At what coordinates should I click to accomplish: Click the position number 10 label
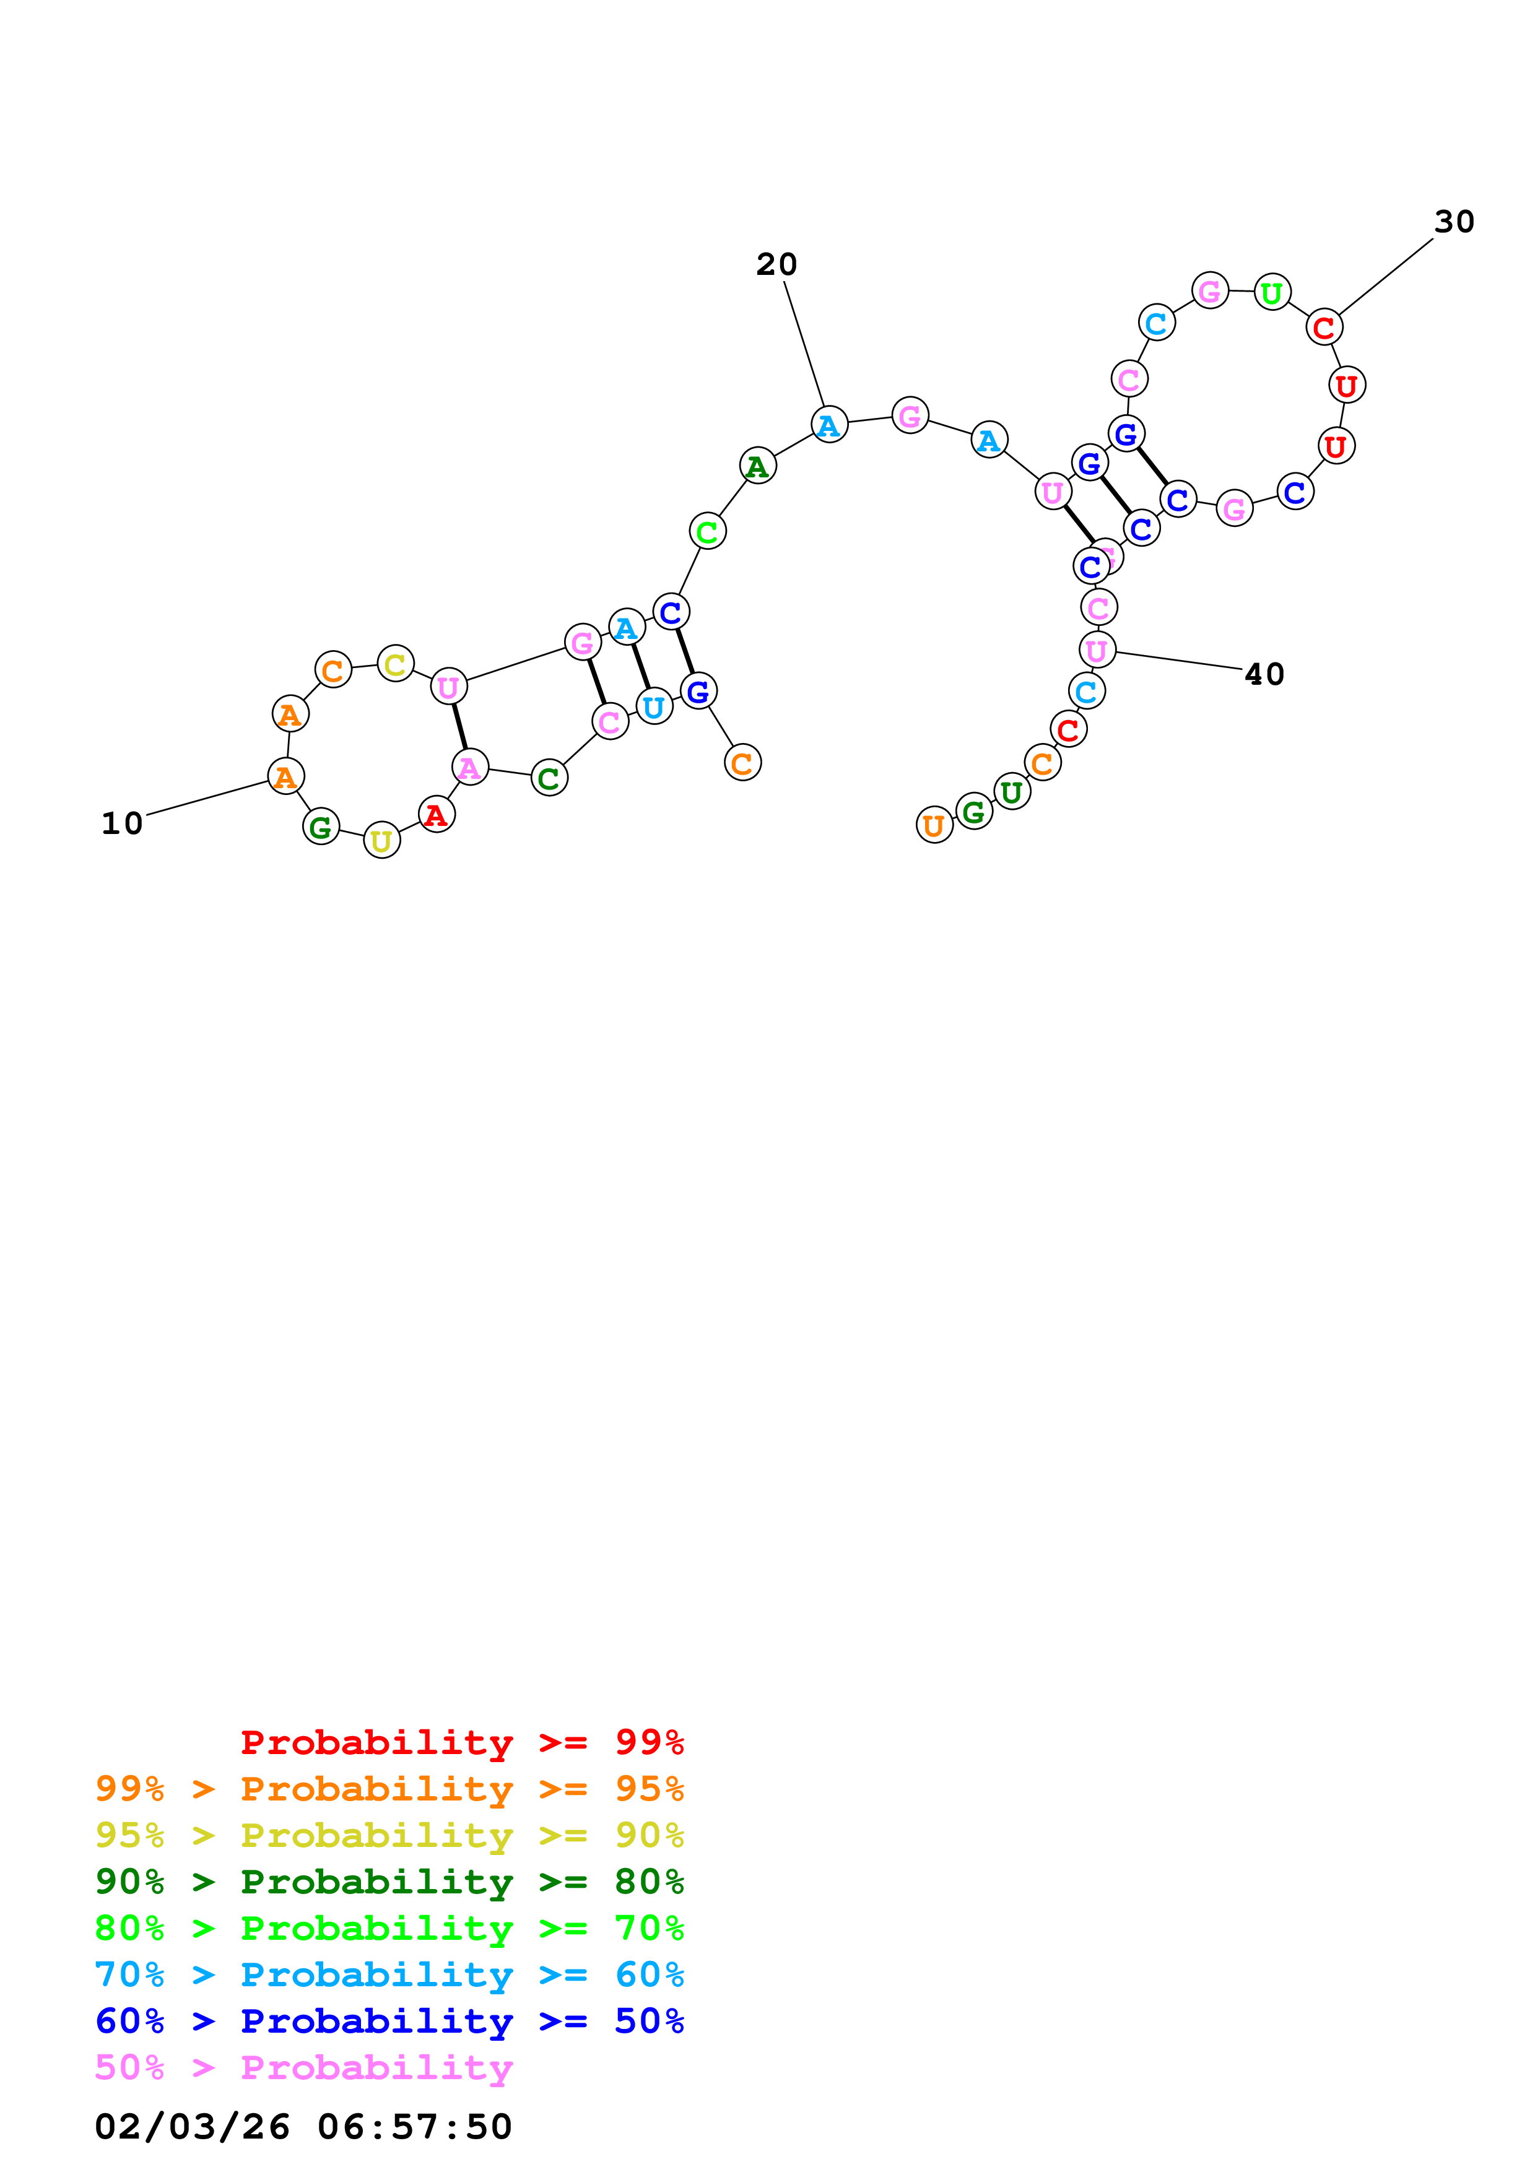point(122,823)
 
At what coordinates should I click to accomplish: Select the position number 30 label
point(1454,222)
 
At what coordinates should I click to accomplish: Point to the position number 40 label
point(1264,674)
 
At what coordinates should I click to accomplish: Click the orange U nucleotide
point(934,826)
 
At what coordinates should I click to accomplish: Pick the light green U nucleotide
point(1272,293)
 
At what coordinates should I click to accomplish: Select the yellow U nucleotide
point(382,841)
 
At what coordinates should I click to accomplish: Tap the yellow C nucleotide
point(395,664)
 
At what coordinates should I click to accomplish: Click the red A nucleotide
point(436,815)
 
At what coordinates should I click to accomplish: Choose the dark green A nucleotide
point(757,466)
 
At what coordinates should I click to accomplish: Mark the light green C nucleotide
point(708,532)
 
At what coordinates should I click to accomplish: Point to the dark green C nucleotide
point(549,778)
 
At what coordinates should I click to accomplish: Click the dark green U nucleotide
point(1012,792)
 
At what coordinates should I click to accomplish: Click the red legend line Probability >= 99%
point(461,1742)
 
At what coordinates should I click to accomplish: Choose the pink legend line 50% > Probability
point(303,2068)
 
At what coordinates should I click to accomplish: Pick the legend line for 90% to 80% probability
point(389,1882)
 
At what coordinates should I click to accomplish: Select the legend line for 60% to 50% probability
point(389,2021)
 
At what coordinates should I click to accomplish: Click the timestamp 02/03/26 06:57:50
point(303,2126)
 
